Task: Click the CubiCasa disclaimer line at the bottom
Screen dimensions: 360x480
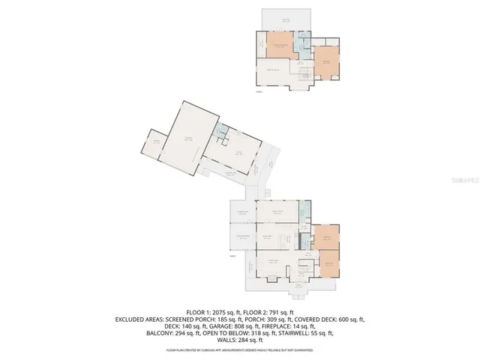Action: (239, 349)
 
